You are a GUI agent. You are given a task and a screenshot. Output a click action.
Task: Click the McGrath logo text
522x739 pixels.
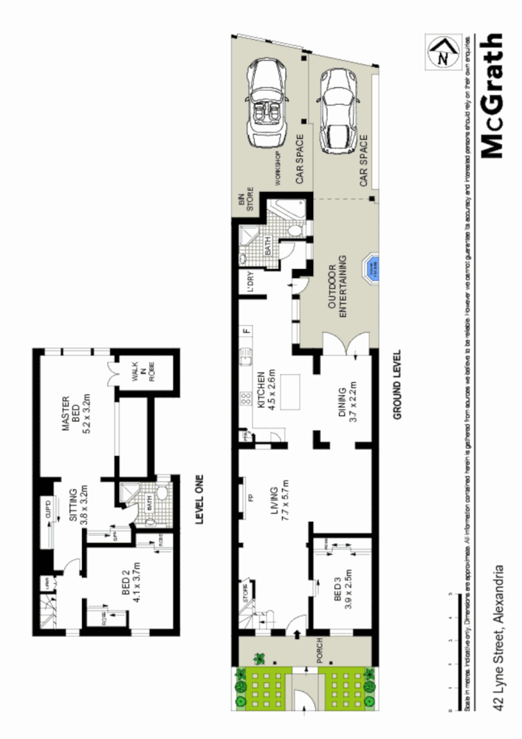492,96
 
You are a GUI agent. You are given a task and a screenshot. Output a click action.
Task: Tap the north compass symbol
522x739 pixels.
442,53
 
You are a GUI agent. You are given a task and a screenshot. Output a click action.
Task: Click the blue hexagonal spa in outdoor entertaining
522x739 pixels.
370,268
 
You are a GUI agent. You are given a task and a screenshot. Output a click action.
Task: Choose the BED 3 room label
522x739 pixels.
342,590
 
